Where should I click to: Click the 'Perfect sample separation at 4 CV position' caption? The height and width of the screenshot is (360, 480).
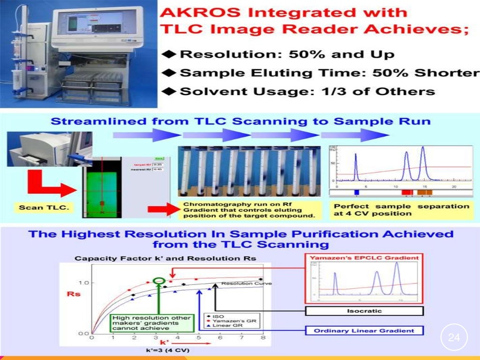401,210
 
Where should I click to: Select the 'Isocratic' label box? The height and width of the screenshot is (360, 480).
364,311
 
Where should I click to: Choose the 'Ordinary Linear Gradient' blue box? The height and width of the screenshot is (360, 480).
364,330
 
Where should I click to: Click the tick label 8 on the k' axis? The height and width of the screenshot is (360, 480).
263,337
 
